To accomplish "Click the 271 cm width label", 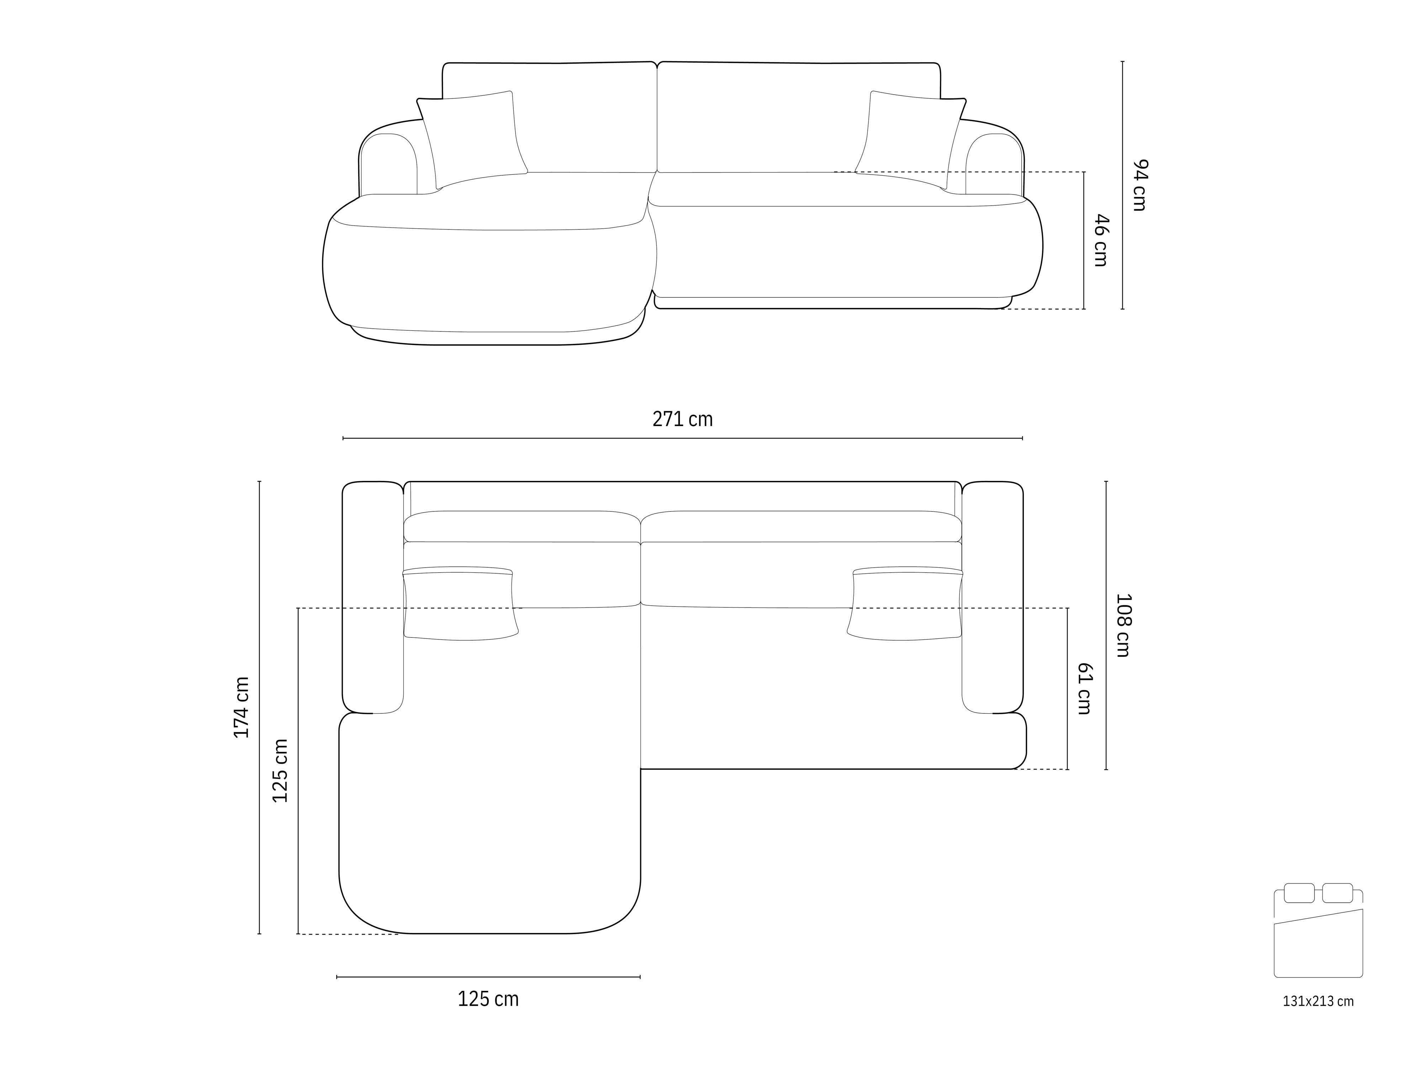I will pyautogui.click(x=683, y=419).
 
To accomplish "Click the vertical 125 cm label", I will pyautogui.click(x=280, y=770).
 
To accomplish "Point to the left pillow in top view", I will pyautogui.click(x=460, y=605).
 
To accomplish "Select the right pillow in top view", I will pyautogui.click(x=906, y=605).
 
